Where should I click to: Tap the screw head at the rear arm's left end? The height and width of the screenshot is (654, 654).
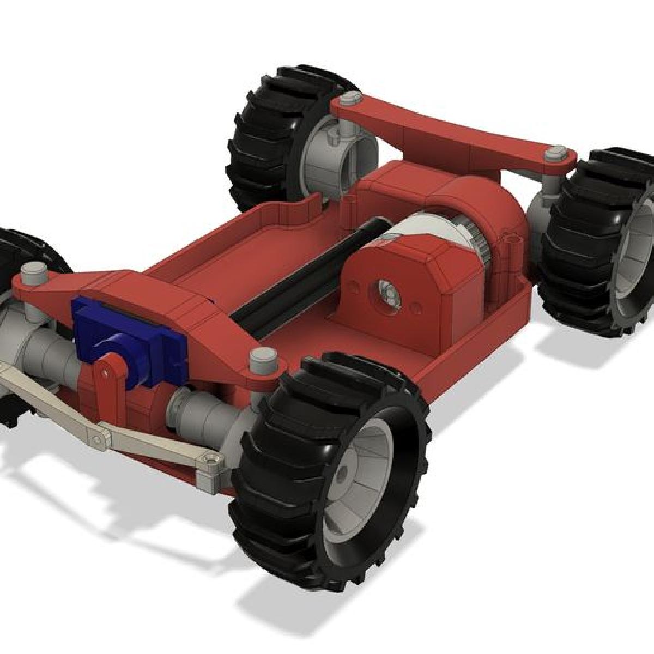coord(346,99)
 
